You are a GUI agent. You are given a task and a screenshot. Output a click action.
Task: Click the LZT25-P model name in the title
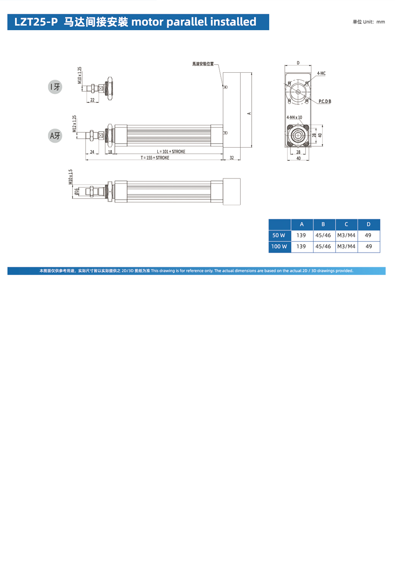coord(36,22)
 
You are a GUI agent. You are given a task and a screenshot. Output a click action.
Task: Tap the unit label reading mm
coord(381,22)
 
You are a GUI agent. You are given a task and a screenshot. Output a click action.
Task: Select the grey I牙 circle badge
coord(55,87)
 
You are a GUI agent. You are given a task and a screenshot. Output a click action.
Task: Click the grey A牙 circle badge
coord(55,136)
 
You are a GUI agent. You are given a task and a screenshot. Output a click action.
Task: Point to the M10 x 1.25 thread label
coord(79,75)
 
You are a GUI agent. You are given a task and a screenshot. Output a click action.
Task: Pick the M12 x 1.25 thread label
coord(74,124)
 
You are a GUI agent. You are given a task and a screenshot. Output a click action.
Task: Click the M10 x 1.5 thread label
coord(70,177)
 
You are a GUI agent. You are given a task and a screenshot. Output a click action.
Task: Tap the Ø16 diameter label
coord(76,192)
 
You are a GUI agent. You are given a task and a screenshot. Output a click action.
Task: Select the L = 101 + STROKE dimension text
coord(171,152)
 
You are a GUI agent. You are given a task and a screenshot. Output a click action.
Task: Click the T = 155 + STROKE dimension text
coord(155,158)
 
